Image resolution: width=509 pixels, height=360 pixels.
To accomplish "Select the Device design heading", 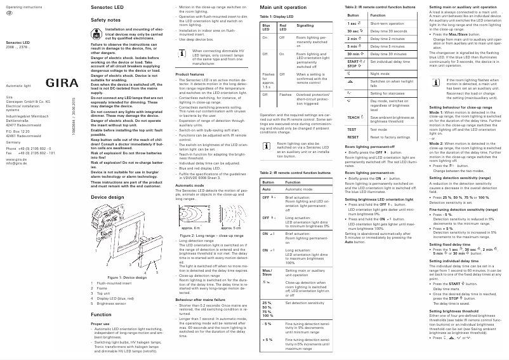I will tap(108, 197).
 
